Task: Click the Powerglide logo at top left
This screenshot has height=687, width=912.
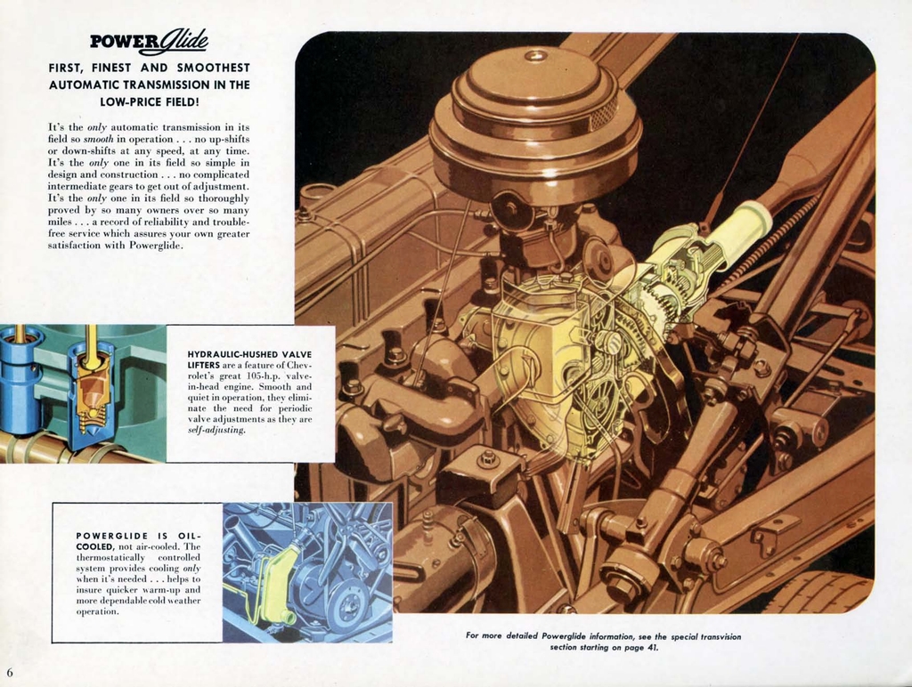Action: [x=149, y=41]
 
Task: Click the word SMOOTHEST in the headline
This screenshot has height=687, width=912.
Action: [x=213, y=68]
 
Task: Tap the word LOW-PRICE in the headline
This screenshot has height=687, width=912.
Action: [x=131, y=101]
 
